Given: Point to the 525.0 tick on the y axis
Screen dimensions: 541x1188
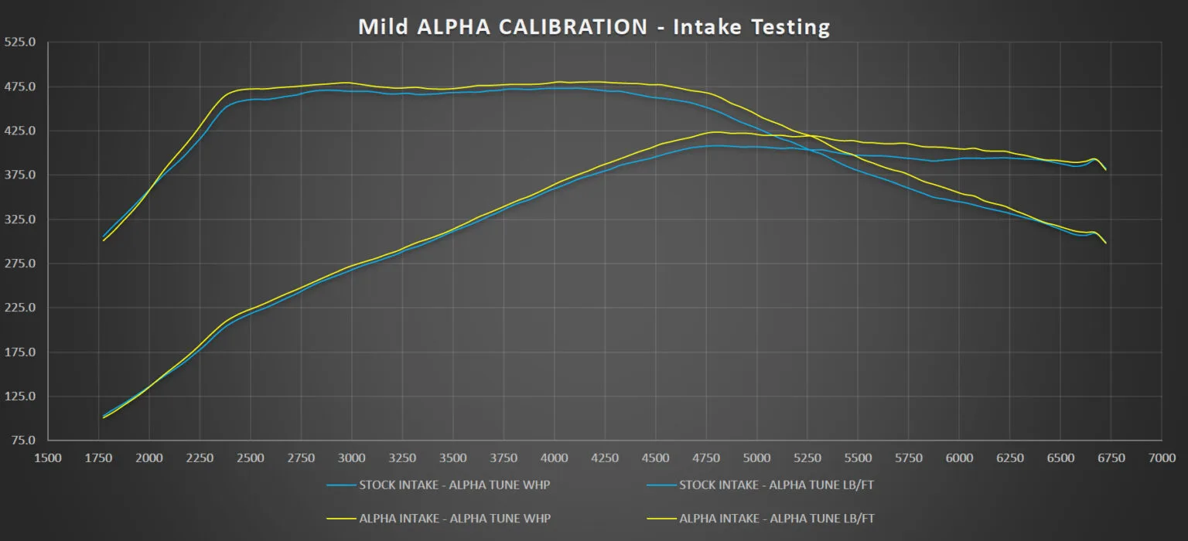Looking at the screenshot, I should pos(20,42).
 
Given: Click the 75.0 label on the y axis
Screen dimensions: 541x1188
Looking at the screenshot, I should pos(22,441).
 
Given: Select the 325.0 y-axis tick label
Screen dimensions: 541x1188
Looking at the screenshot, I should pos(20,219).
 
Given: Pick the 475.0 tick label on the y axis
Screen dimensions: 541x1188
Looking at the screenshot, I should pos(20,87).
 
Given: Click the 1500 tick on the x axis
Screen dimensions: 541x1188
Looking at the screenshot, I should pos(49,458).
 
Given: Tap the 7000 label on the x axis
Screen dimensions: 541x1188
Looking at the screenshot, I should pos(1162,458).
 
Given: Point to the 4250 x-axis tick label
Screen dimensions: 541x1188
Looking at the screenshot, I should pos(605,458).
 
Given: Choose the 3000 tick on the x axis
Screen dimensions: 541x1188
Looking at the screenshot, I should pos(352,458).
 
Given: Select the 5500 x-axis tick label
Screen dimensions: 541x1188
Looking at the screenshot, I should pos(859,458).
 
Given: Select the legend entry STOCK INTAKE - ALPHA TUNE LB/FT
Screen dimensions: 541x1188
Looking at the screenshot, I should pos(776,486).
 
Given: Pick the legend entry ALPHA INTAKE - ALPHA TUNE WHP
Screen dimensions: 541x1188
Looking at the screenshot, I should pos(455,518).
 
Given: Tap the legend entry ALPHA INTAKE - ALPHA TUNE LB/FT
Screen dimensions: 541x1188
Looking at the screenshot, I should pos(777,518).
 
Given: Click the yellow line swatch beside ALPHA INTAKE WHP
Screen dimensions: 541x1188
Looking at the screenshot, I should pos(340,518).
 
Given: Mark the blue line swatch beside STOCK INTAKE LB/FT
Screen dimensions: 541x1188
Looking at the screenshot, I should pos(660,486).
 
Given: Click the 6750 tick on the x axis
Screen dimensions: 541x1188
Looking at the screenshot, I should pos(1111,458).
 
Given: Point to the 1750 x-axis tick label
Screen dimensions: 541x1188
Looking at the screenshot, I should pos(99,458).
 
